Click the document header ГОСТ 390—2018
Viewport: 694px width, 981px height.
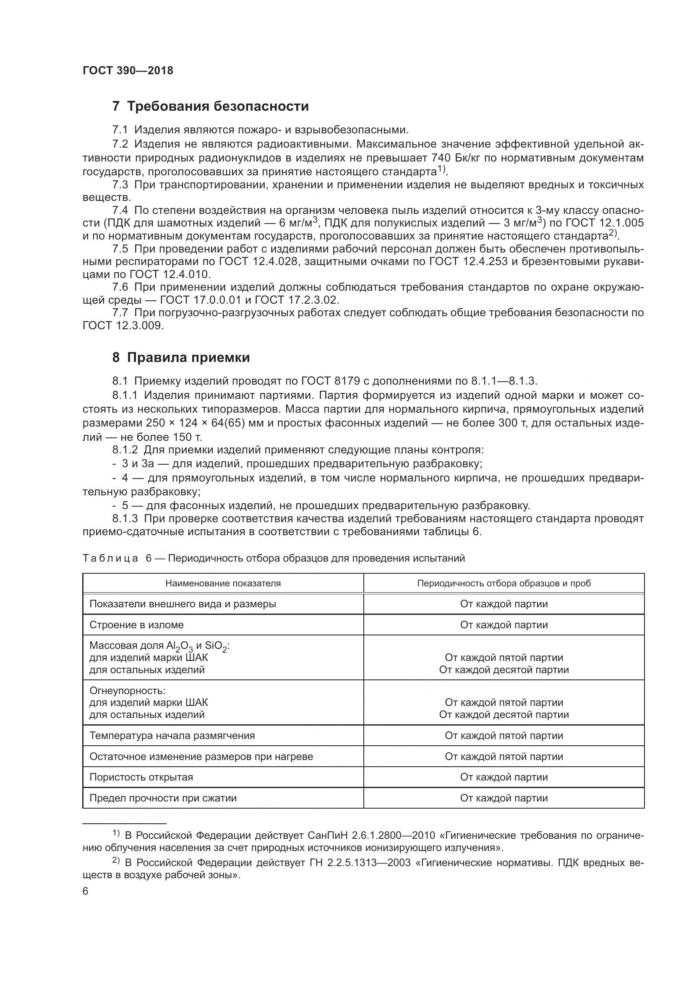(x=128, y=71)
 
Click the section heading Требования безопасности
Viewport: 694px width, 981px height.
(x=218, y=106)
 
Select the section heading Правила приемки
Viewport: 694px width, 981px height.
(x=188, y=357)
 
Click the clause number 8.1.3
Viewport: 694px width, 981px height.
(x=125, y=519)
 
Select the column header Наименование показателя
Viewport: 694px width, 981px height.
(x=223, y=583)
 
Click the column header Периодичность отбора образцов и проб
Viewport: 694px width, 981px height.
(x=504, y=583)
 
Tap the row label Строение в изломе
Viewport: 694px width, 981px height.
(x=136, y=625)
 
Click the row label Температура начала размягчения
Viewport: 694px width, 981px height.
(x=172, y=735)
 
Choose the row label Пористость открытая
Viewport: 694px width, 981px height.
(x=141, y=777)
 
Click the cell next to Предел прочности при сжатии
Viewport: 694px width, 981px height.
(x=504, y=798)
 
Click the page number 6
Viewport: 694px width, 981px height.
(x=86, y=891)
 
